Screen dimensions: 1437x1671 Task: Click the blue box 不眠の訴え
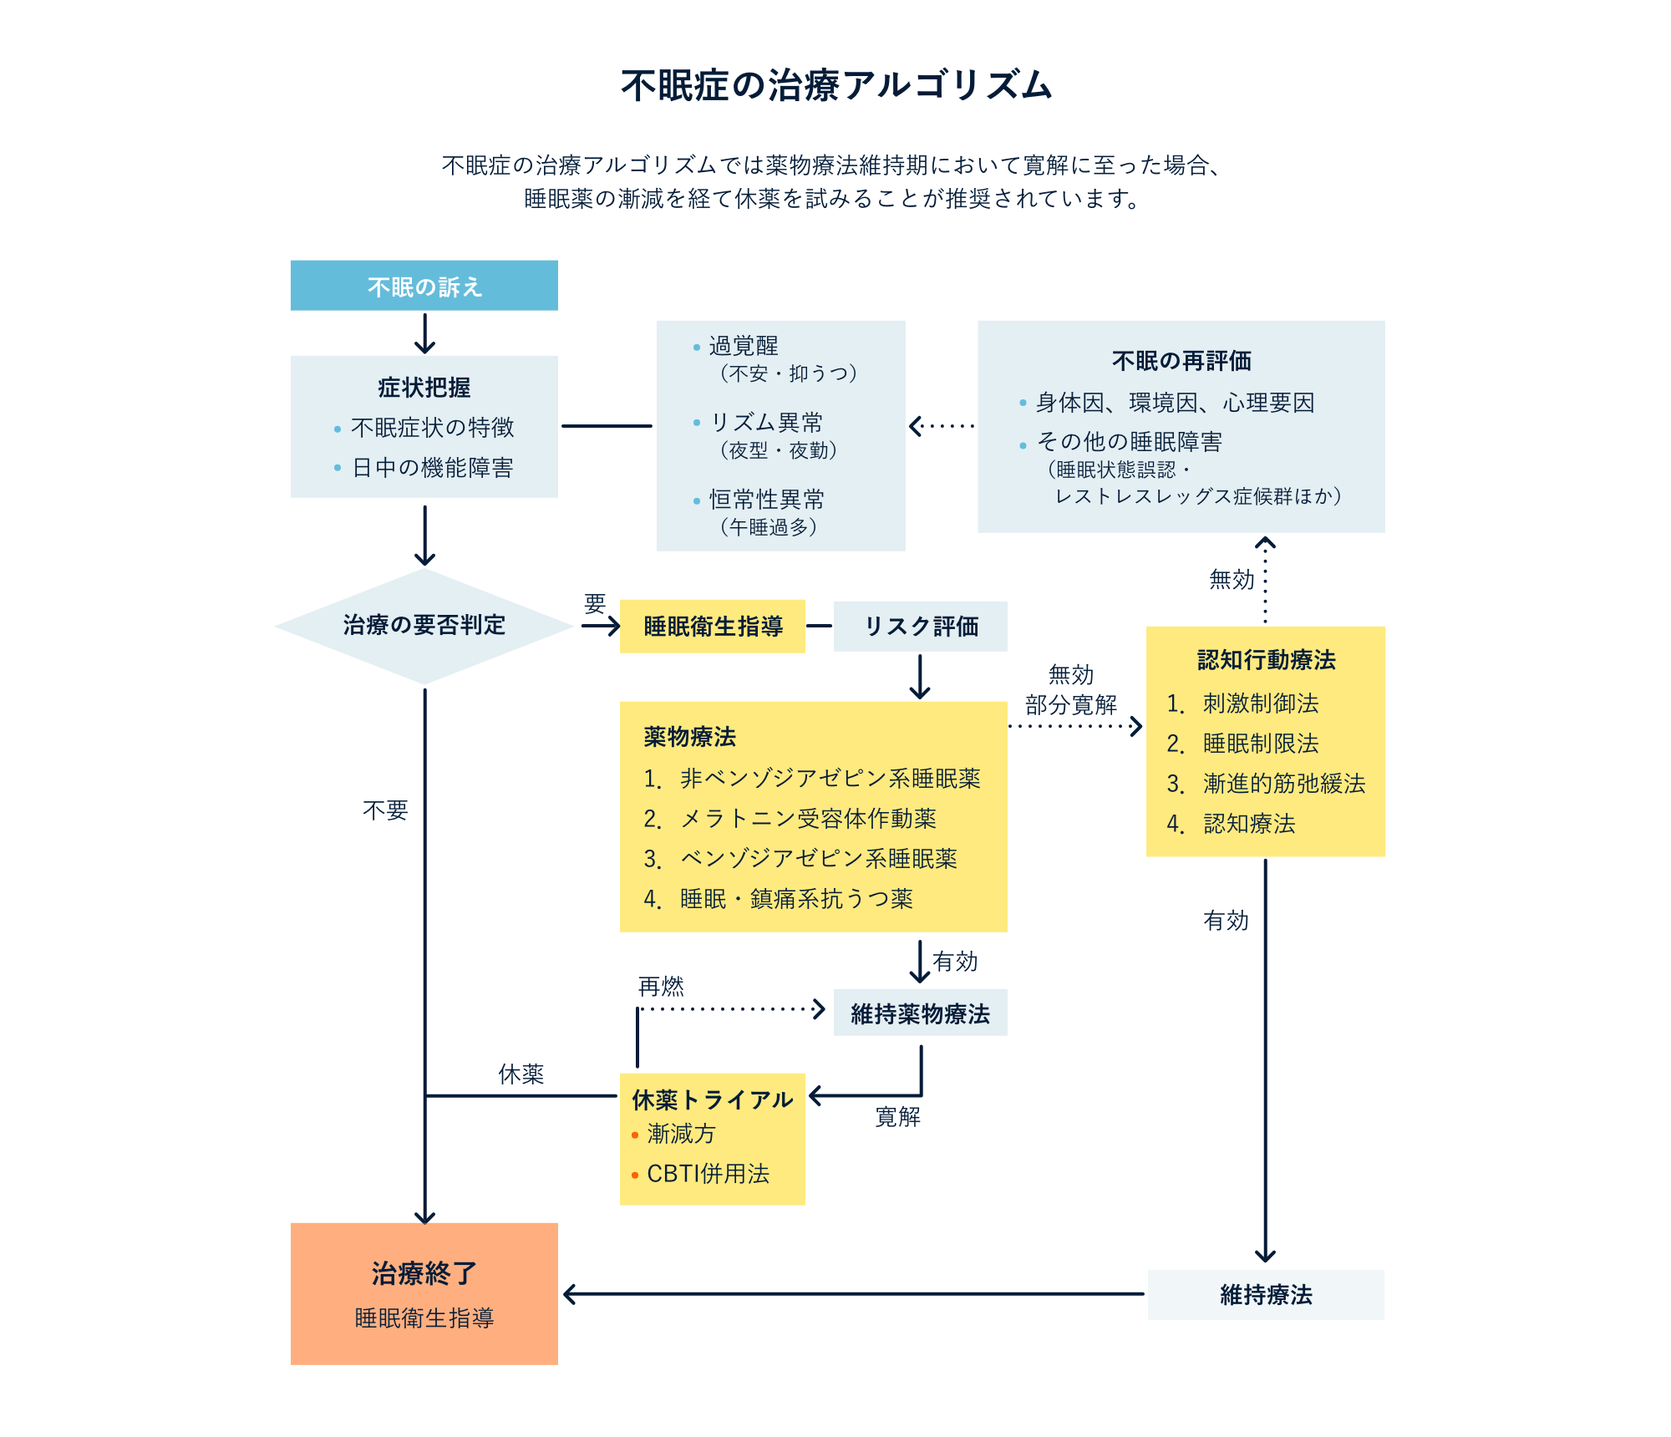tap(424, 286)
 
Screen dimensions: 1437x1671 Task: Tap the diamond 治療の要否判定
tap(424, 625)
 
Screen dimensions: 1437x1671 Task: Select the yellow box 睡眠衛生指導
tap(712, 626)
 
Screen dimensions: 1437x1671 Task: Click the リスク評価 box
tap(920, 626)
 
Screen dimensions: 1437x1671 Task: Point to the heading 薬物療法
tap(689, 737)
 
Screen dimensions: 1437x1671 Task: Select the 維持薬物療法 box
tap(920, 1013)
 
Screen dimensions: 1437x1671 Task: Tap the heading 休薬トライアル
tap(712, 1099)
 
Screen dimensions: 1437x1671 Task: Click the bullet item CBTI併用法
tap(708, 1174)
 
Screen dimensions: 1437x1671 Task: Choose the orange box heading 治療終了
tap(424, 1273)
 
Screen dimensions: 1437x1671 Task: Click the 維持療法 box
tap(1265, 1295)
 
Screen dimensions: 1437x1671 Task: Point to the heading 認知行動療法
tap(1265, 660)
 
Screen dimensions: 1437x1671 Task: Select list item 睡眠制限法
tap(1260, 744)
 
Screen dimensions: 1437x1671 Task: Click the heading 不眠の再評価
tap(1181, 361)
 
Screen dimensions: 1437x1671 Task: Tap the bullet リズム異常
tap(765, 423)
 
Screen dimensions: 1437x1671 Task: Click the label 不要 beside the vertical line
tap(385, 810)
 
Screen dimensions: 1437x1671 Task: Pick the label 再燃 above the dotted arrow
tap(661, 987)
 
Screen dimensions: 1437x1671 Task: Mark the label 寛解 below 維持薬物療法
tap(897, 1117)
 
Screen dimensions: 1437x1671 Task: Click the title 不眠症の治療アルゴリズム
tap(835, 85)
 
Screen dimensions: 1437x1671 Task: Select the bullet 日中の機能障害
tap(432, 468)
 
